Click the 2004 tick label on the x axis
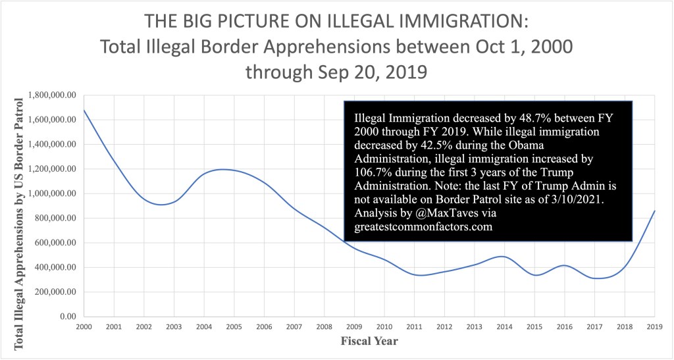point(205,327)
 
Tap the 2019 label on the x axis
point(654,327)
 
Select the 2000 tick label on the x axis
point(84,327)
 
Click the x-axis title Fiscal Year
point(369,342)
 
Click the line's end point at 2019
point(654,211)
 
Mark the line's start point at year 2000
point(84,109)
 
